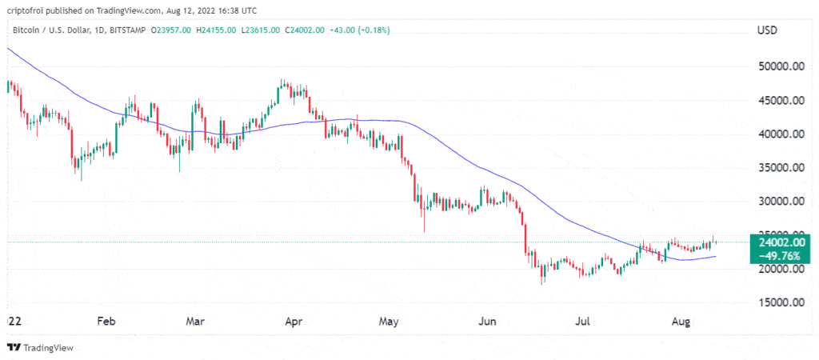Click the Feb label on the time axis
point(106,322)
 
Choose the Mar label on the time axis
point(195,322)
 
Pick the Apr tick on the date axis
point(293,322)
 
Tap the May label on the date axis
point(389,322)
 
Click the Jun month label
point(488,322)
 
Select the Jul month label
point(583,322)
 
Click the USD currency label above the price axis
point(769,30)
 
